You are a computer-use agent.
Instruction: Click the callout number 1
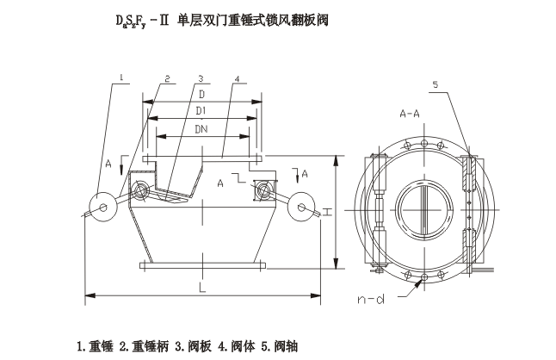123,78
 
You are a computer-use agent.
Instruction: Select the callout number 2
165,78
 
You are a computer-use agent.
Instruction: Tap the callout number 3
199,78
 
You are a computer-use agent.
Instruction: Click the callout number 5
435,85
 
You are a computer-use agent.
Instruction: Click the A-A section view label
411,113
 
